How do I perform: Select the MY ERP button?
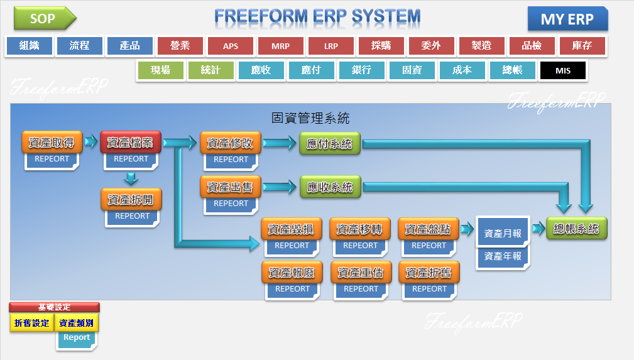[x=567, y=19]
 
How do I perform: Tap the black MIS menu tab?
[x=563, y=70]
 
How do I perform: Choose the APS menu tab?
[x=231, y=46]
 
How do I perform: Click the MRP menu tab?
[x=281, y=46]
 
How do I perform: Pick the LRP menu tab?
[x=331, y=46]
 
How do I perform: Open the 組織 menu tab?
[x=30, y=46]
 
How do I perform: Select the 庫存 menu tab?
[x=582, y=46]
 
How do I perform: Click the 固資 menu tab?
[x=412, y=70]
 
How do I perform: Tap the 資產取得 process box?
[x=52, y=143]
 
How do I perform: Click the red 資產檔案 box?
[x=131, y=143]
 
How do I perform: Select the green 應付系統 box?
[x=330, y=144]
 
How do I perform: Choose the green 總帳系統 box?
[x=576, y=229]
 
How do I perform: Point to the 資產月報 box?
[x=503, y=233]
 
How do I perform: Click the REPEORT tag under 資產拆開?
[x=132, y=216]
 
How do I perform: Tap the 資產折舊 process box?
[x=429, y=273]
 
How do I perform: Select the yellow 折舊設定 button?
[x=31, y=323]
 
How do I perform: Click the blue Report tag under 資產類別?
[x=77, y=337]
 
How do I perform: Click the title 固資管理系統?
[x=310, y=117]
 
